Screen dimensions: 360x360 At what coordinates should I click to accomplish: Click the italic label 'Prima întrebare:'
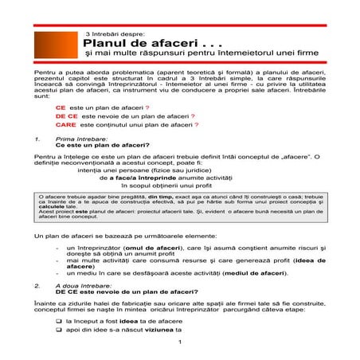(x=78, y=139)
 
